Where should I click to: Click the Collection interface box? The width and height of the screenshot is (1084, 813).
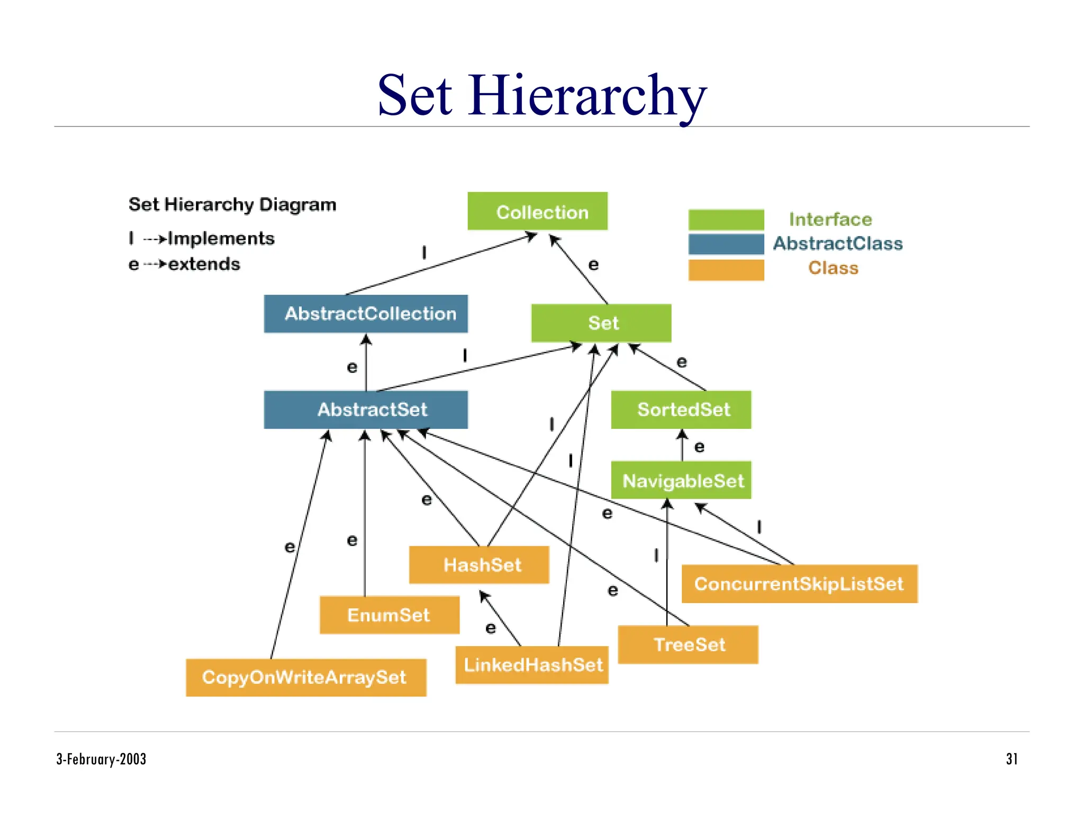coord(537,211)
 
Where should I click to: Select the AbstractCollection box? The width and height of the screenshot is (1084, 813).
coord(366,314)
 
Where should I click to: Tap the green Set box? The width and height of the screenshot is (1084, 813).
coord(601,323)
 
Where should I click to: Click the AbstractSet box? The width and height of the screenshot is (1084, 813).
coord(366,410)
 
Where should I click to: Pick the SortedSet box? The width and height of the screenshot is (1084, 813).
coord(681,410)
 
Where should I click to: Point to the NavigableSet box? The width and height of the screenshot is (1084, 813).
coord(681,480)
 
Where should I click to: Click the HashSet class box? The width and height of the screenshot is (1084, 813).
coord(479,565)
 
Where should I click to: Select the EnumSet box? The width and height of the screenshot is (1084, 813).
coord(390,615)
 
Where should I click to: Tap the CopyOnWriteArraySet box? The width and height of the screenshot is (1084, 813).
coord(306,677)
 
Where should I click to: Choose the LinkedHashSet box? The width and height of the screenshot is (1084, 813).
coord(532,665)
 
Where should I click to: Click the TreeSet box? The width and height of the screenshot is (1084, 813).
coord(688,645)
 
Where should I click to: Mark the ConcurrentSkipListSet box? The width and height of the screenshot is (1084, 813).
coord(799,584)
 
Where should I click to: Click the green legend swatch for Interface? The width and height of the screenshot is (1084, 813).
coord(726,220)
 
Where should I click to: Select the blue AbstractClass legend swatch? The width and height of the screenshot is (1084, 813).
coord(726,244)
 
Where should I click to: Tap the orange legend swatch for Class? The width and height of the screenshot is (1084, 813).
coord(726,269)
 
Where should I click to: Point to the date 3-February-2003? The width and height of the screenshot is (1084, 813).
coord(101,759)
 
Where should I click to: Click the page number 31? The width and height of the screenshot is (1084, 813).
coord(1011,759)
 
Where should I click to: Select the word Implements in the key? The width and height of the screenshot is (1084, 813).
coord(221,239)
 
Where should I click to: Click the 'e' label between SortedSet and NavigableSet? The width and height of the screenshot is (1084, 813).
coord(699,447)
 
